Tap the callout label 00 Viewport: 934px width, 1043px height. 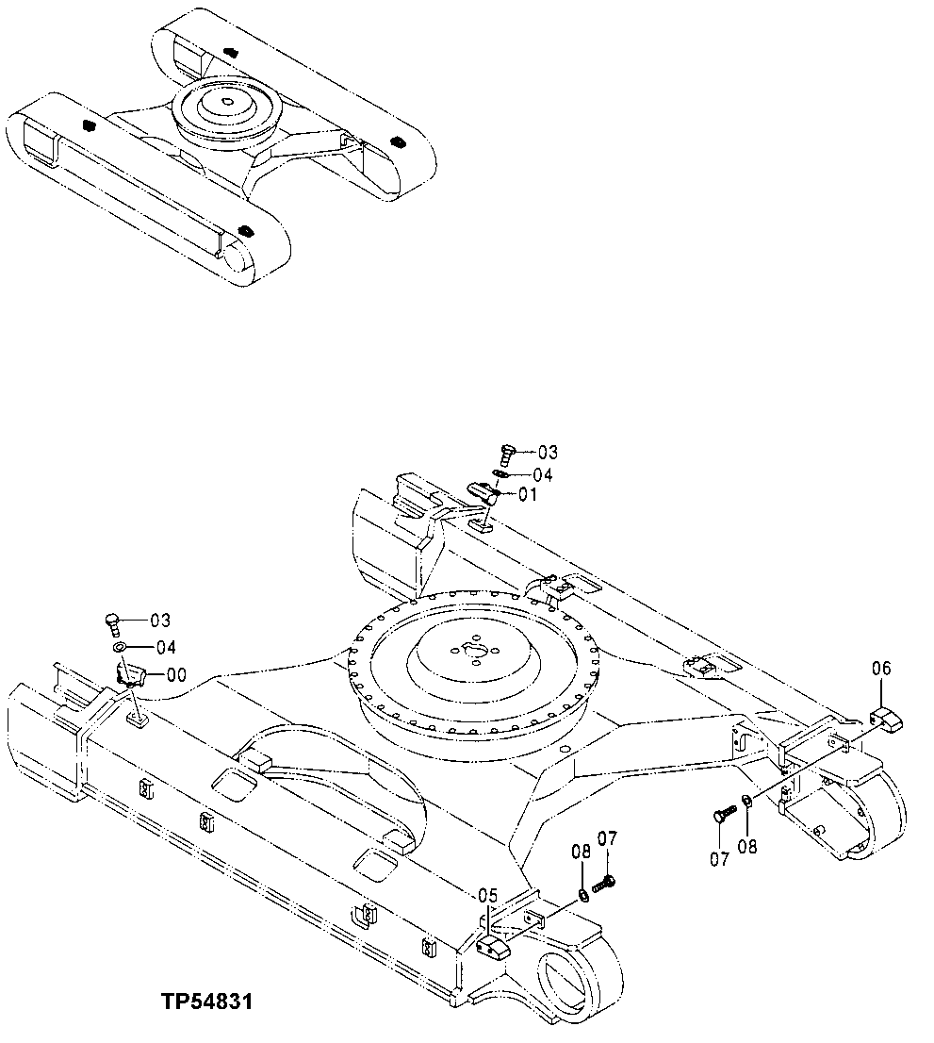point(175,674)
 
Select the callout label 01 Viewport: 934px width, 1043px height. point(527,493)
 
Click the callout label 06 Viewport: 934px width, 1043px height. point(880,669)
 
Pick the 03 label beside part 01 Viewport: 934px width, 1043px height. point(548,453)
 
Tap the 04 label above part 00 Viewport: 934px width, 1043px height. point(166,647)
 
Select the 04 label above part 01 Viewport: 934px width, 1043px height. point(543,474)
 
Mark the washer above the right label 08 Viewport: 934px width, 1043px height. point(746,802)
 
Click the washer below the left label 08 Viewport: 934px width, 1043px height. point(584,892)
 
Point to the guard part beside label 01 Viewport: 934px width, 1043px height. point(484,492)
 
